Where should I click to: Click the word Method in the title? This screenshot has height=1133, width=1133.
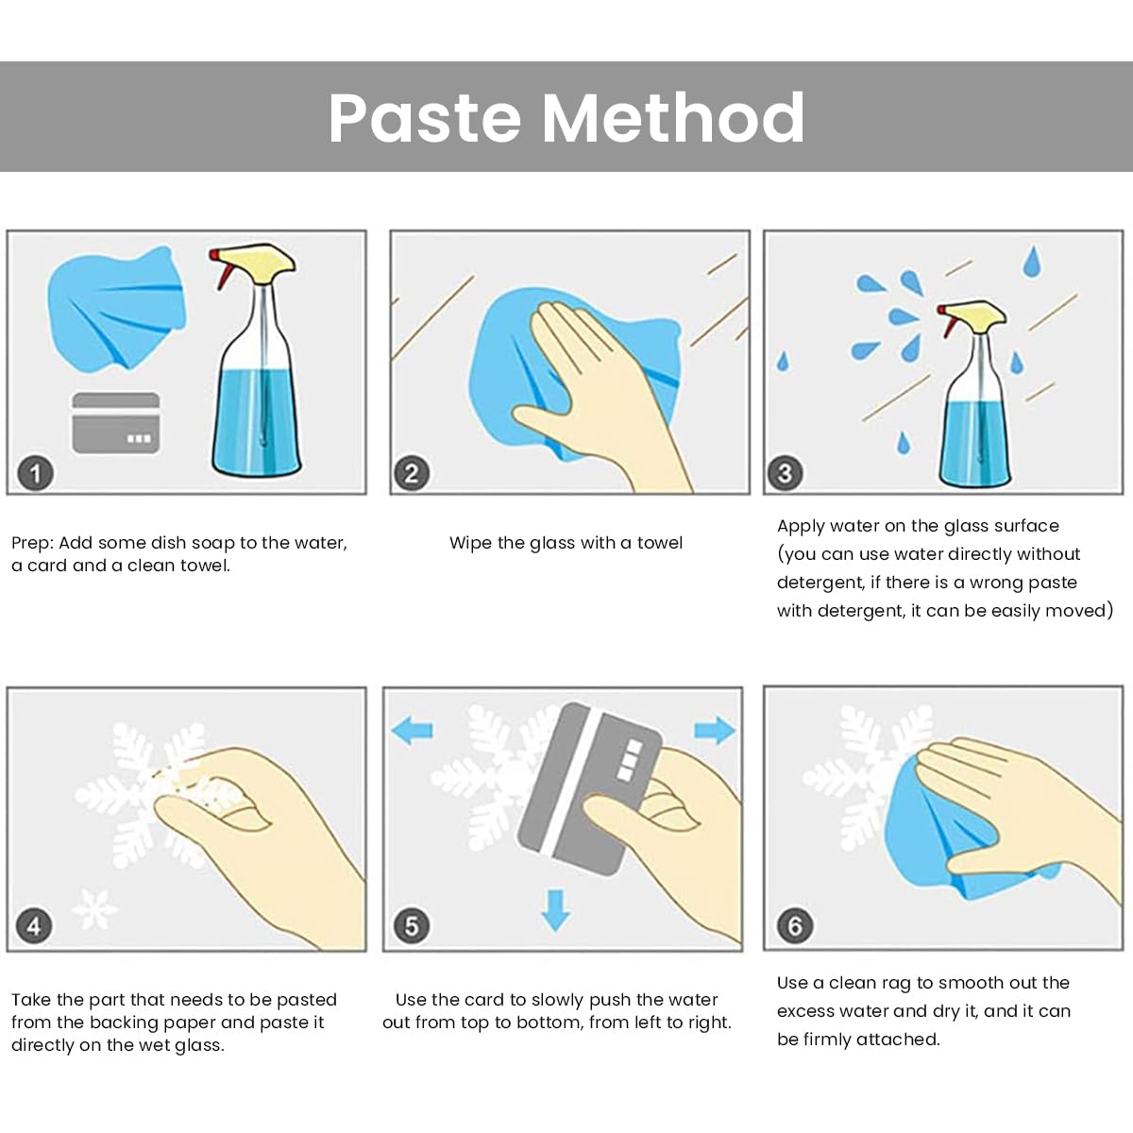[x=672, y=118]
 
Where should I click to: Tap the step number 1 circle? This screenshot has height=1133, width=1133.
[x=35, y=473]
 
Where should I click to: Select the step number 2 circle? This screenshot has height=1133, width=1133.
[x=412, y=473]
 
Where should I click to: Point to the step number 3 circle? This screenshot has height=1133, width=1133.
[x=786, y=473]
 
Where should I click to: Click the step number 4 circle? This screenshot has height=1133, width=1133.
[x=34, y=926]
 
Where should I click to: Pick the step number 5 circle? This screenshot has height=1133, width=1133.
[x=412, y=926]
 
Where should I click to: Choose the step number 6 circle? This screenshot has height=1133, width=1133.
[x=795, y=926]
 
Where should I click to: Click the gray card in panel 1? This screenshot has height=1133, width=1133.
[x=116, y=423]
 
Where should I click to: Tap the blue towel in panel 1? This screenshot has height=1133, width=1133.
[x=116, y=308]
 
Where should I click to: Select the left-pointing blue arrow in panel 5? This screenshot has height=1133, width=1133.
[x=413, y=731]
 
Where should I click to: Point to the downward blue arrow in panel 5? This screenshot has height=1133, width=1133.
[x=555, y=910]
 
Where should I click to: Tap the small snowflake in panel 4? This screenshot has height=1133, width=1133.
[x=94, y=909]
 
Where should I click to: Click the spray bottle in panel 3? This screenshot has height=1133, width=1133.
[x=974, y=394]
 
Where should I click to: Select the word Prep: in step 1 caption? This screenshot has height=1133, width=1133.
[x=32, y=543]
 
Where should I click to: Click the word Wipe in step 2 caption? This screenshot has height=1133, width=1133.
[x=470, y=543]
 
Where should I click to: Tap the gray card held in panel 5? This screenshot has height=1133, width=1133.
[x=589, y=788]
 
